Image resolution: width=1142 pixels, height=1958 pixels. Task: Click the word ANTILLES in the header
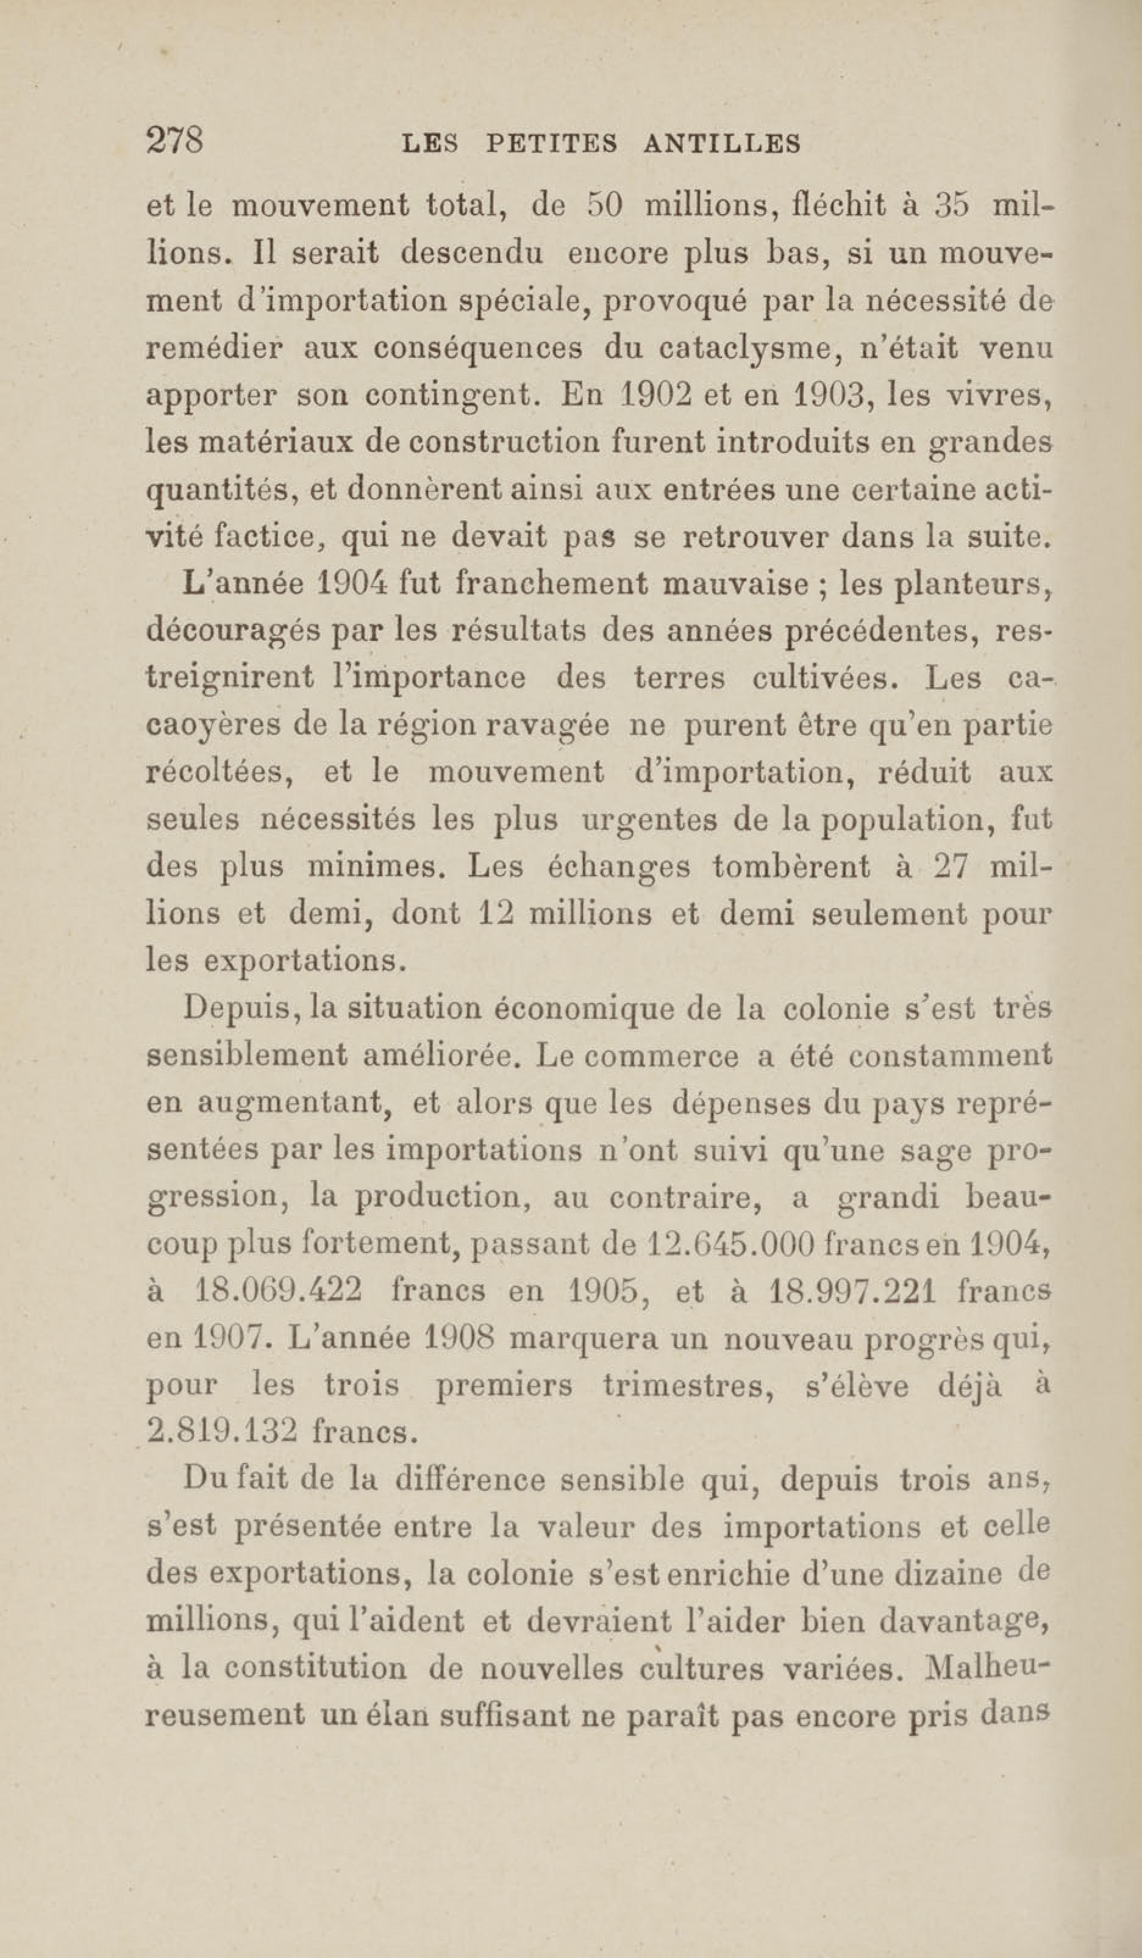click(x=723, y=144)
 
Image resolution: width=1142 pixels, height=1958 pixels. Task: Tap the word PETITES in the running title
click(x=552, y=144)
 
